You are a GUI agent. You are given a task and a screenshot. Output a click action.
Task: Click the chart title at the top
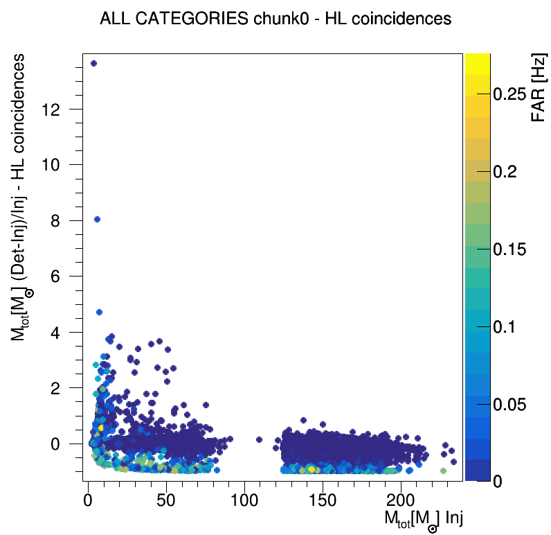coord(275,19)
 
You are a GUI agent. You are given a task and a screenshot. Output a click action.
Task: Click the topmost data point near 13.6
coord(94,64)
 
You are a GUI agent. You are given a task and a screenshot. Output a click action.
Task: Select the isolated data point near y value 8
coord(98,220)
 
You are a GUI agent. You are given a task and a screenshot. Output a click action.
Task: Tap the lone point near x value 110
coord(259,439)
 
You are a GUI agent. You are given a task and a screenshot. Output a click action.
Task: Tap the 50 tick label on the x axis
coord(165,499)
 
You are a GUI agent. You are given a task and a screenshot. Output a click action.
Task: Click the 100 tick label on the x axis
coord(244,499)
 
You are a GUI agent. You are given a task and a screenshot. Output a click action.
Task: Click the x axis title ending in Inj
coord(422,519)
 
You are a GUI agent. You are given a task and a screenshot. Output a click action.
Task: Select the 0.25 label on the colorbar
coord(514,94)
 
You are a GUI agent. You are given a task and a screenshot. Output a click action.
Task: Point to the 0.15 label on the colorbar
coord(514,249)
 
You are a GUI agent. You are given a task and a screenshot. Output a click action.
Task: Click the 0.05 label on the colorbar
coord(514,404)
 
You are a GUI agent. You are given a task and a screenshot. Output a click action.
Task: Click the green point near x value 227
coord(443,471)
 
